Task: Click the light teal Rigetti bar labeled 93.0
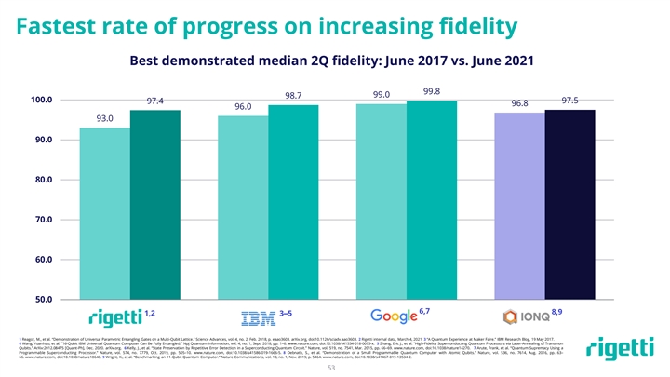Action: [104, 213]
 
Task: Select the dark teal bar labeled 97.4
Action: [154, 205]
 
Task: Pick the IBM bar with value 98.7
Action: [293, 202]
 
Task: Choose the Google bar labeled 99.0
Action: [382, 201]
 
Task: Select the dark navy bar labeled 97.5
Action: [569, 205]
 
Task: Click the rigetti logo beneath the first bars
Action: [114, 316]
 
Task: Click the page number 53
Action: [335, 368]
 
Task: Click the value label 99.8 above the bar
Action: [432, 91]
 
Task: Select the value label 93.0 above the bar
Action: [104, 118]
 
